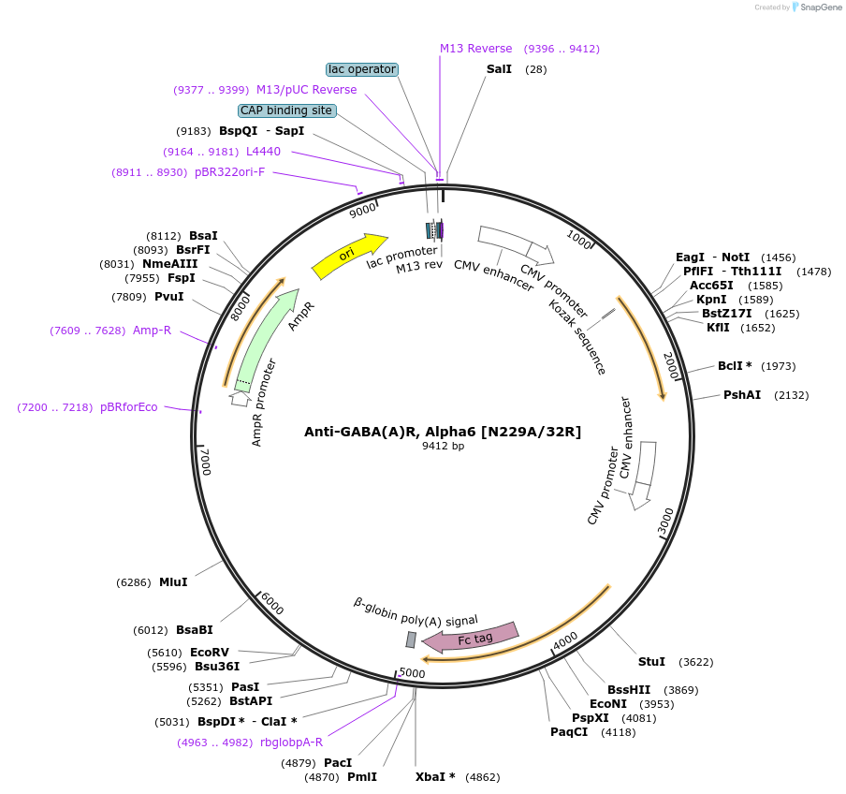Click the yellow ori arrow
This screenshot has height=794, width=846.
pyautogui.click(x=348, y=256)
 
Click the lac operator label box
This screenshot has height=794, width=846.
pyautogui.click(x=362, y=69)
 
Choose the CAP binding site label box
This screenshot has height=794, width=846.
pyautogui.click(x=286, y=110)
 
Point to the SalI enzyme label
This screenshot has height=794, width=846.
pyautogui.click(x=499, y=69)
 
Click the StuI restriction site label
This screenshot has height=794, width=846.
pyautogui.click(x=651, y=662)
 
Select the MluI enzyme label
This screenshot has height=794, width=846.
pyautogui.click(x=173, y=582)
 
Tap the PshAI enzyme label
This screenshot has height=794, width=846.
pyautogui.click(x=742, y=395)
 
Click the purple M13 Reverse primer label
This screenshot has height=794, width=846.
pyautogui.click(x=476, y=49)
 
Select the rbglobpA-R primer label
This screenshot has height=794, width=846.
pyautogui.click(x=291, y=743)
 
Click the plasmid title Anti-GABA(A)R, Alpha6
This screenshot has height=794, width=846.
pyautogui.click(x=443, y=432)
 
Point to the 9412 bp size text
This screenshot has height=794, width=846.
pyautogui.click(x=443, y=447)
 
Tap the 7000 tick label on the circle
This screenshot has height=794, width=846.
pyautogui.click(x=206, y=462)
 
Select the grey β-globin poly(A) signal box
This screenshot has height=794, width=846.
pyautogui.click(x=411, y=640)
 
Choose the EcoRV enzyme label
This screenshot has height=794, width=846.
pyautogui.click(x=210, y=653)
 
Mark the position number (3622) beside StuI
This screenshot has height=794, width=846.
pyautogui.click(x=695, y=662)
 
